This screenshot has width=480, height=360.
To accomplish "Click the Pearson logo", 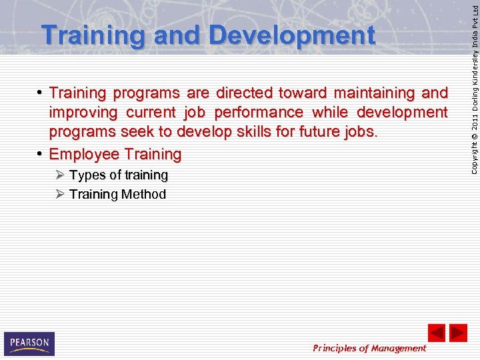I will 29,343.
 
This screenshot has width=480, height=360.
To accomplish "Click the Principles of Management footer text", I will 369,348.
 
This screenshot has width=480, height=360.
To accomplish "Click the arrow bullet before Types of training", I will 60,175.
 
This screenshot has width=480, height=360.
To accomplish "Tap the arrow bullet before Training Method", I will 60,194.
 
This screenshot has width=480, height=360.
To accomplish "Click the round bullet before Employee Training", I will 41,154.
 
